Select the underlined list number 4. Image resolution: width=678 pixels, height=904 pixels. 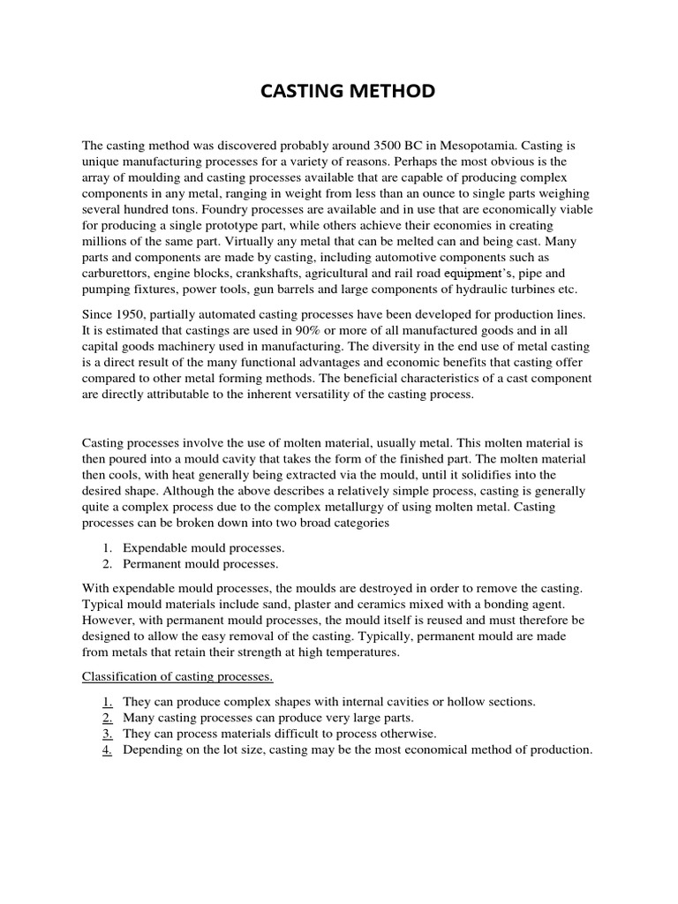(x=106, y=750)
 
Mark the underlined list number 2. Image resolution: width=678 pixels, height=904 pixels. (x=106, y=718)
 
